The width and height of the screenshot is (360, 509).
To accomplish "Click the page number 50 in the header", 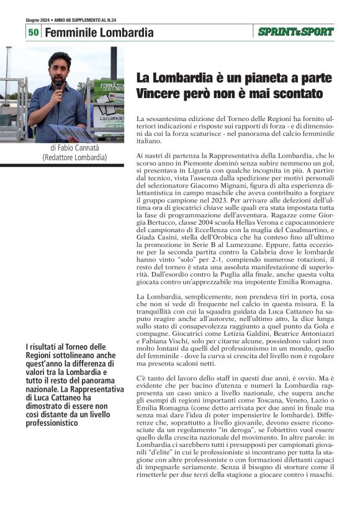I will [34, 32].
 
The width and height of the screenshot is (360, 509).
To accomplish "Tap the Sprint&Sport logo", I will [295, 32].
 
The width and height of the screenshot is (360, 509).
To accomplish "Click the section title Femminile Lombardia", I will [99, 32].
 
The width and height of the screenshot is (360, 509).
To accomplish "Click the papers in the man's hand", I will [71, 132].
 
